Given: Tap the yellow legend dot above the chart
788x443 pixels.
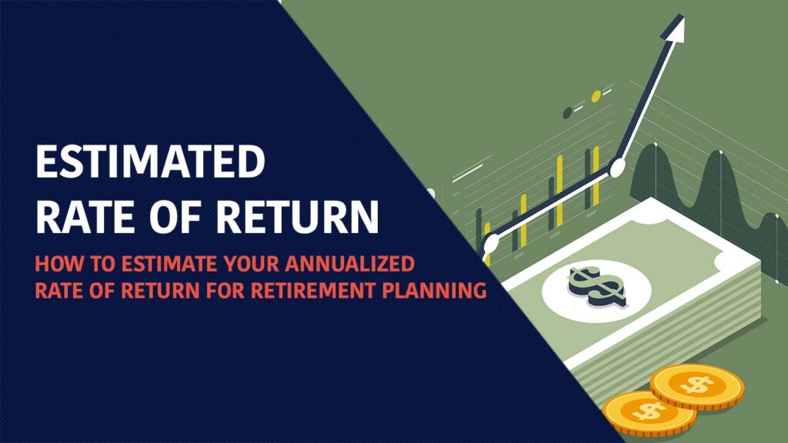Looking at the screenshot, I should [x=596, y=96].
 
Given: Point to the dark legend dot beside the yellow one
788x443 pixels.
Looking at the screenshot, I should [x=568, y=112].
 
